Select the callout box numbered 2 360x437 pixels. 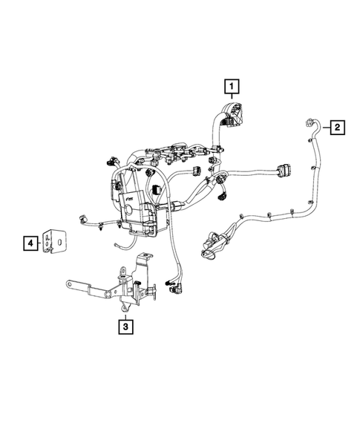pyautogui.click(x=336, y=128)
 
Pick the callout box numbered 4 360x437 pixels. pyautogui.click(x=30, y=242)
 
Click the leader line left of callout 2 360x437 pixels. pyautogui.click(x=321, y=128)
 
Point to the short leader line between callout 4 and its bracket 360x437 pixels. pyautogui.click(x=42, y=242)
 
